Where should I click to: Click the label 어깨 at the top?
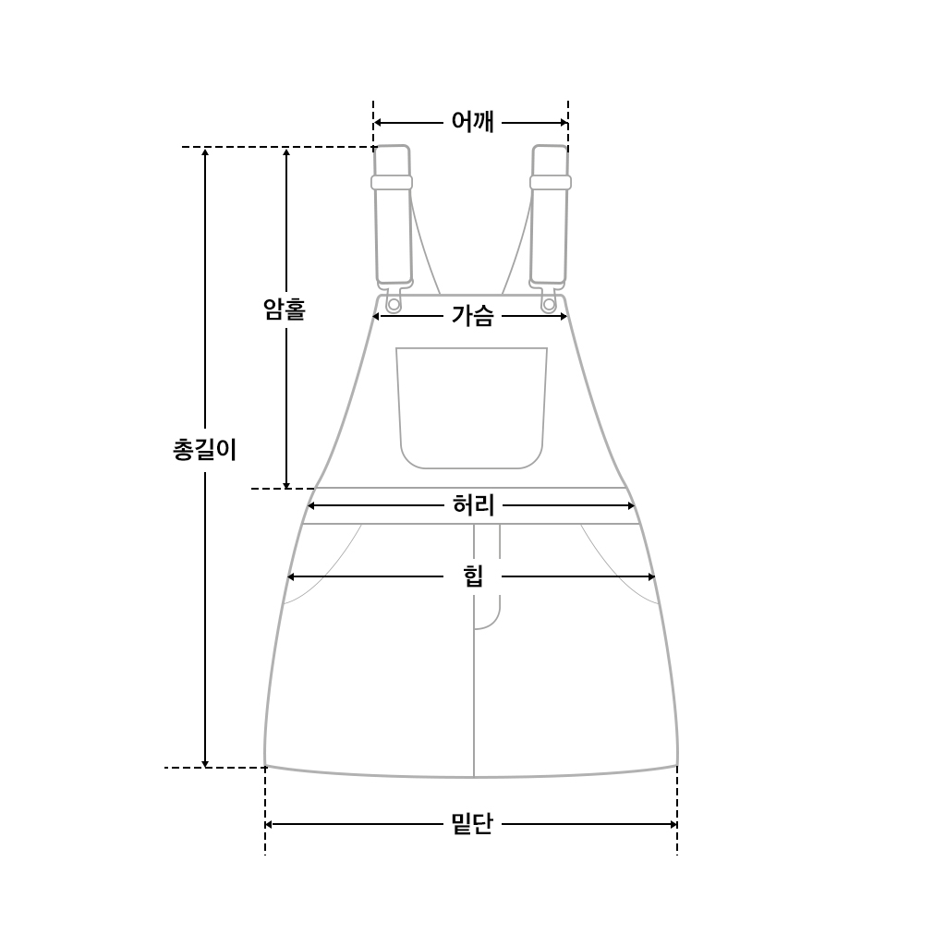point(472,122)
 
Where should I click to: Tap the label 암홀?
point(285,309)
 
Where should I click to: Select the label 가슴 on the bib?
point(472,316)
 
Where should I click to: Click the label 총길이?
point(204,450)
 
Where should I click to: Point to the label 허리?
point(474,505)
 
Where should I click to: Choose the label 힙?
point(474,576)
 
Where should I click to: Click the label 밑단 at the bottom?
point(472,823)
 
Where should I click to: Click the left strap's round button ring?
point(394,305)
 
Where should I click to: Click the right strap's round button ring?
point(549,305)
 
